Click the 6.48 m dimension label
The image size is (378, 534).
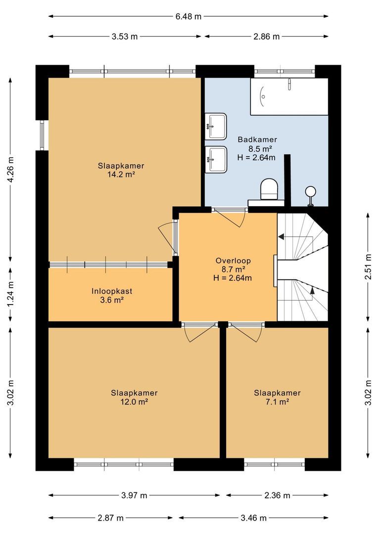(x=189, y=16)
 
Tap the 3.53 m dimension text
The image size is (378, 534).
(x=124, y=37)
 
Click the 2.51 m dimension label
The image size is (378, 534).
(x=367, y=267)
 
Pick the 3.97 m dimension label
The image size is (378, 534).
(x=134, y=495)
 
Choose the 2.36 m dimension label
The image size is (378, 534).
(x=278, y=495)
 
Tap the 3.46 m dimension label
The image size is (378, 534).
(x=253, y=518)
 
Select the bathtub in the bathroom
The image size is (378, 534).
(x=289, y=96)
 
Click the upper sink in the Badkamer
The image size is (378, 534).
(x=216, y=125)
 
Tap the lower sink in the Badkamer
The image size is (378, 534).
(x=216, y=159)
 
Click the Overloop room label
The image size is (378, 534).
(x=233, y=261)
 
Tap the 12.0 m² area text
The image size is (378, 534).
(x=134, y=401)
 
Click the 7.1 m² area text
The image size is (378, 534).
(x=277, y=401)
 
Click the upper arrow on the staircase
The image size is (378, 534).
(x=281, y=237)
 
